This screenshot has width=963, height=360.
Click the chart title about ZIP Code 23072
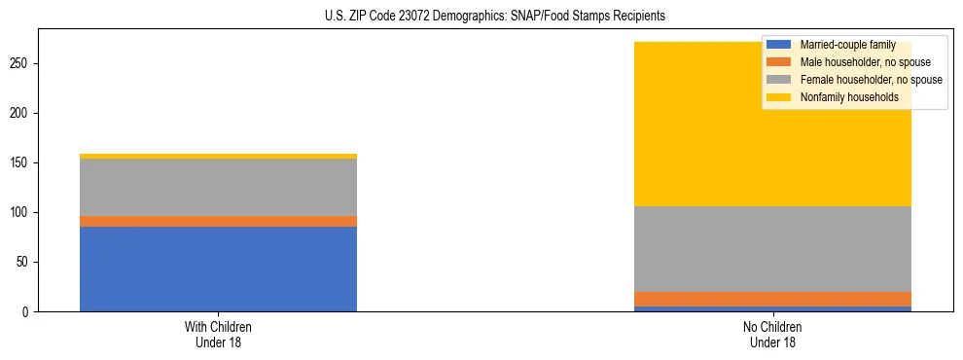coord(495,17)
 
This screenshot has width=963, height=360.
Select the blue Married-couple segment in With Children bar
coord(218,269)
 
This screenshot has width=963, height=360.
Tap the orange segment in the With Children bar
coord(218,221)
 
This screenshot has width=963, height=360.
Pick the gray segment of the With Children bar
coord(218,187)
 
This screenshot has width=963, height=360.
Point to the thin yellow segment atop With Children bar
coord(218,156)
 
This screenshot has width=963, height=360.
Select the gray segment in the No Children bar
coord(772,249)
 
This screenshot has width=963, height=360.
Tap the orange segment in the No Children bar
coord(772,299)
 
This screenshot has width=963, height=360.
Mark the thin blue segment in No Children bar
coord(772,308)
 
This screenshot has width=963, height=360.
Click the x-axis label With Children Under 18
coord(218,334)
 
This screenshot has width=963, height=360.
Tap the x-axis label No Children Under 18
coord(772,334)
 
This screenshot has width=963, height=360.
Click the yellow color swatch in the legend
coord(779,97)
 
